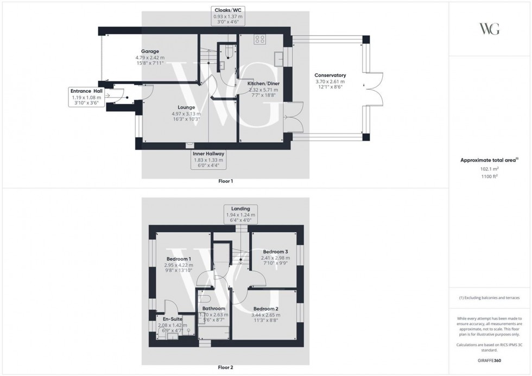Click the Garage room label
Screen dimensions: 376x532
[150, 52]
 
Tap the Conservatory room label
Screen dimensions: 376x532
[330, 75]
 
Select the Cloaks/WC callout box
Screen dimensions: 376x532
[228, 17]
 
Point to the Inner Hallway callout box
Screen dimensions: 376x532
[208, 160]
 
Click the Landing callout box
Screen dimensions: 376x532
[240, 215]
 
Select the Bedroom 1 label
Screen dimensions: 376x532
[179, 259]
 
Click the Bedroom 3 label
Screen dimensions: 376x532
[276, 252]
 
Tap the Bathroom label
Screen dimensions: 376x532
[214, 308]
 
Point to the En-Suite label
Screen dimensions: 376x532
[167, 319]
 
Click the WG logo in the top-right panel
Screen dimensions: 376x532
[490, 29]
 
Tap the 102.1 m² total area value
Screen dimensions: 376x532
[490, 169]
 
